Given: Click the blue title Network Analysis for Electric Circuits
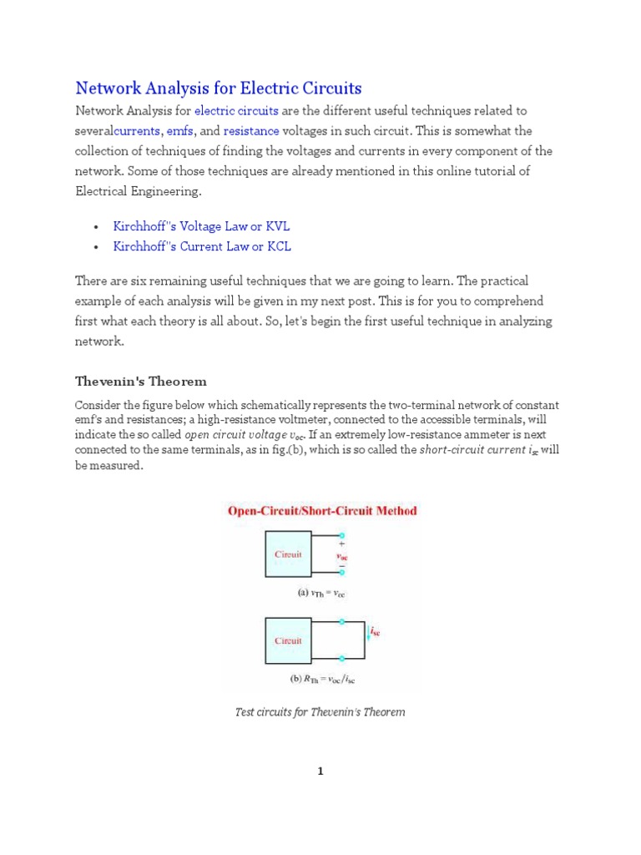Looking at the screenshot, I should (219, 88).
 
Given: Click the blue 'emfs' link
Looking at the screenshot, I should (180, 131).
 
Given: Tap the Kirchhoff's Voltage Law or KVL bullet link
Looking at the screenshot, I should (201, 226).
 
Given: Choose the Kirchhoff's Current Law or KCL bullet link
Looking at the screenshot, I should (202, 246).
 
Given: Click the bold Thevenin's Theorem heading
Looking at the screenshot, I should (141, 381).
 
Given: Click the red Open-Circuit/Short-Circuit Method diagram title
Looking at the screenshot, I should (321, 510).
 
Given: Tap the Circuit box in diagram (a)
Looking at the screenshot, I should (289, 554).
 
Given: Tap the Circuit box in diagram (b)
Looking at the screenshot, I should (289, 640).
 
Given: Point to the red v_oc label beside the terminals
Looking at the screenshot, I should (342, 554).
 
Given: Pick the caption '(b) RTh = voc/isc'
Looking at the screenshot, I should (322, 679).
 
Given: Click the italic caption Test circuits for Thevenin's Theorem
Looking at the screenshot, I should (320, 712).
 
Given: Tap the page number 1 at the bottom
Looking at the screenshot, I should (320, 772).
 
